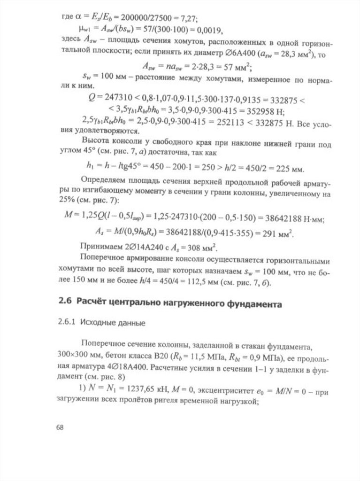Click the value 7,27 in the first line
coord(189,19)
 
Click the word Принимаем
coord(100,248)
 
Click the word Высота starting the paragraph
coord(95,140)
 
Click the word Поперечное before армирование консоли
coord(104,259)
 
